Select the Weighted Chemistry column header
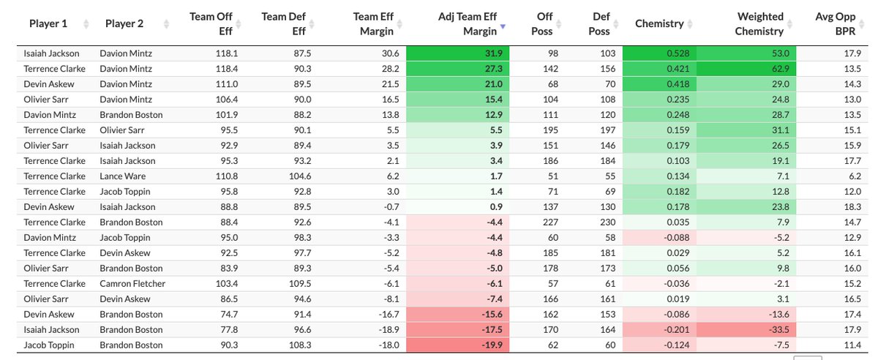760,23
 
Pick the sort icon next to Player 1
86,24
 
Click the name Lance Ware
124,176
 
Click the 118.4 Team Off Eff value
220,69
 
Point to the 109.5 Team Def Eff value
298,283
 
